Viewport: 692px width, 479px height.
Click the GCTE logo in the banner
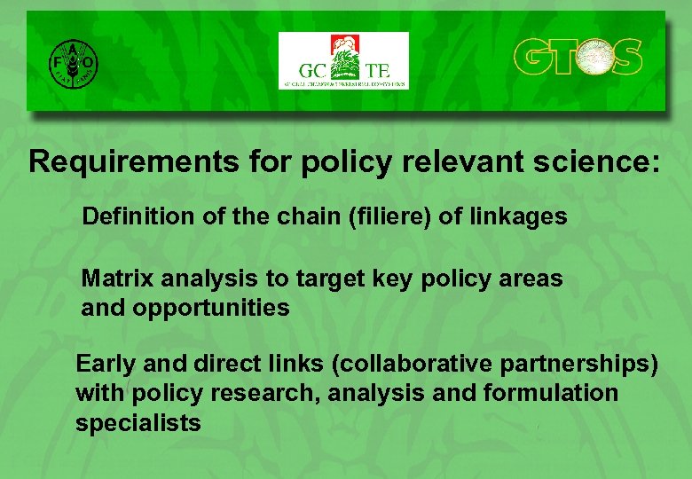pos(343,60)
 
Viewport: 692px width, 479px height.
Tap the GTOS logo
pos(578,58)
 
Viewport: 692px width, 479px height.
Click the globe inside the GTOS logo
pos(589,58)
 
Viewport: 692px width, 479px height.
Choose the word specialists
pos(138,423)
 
